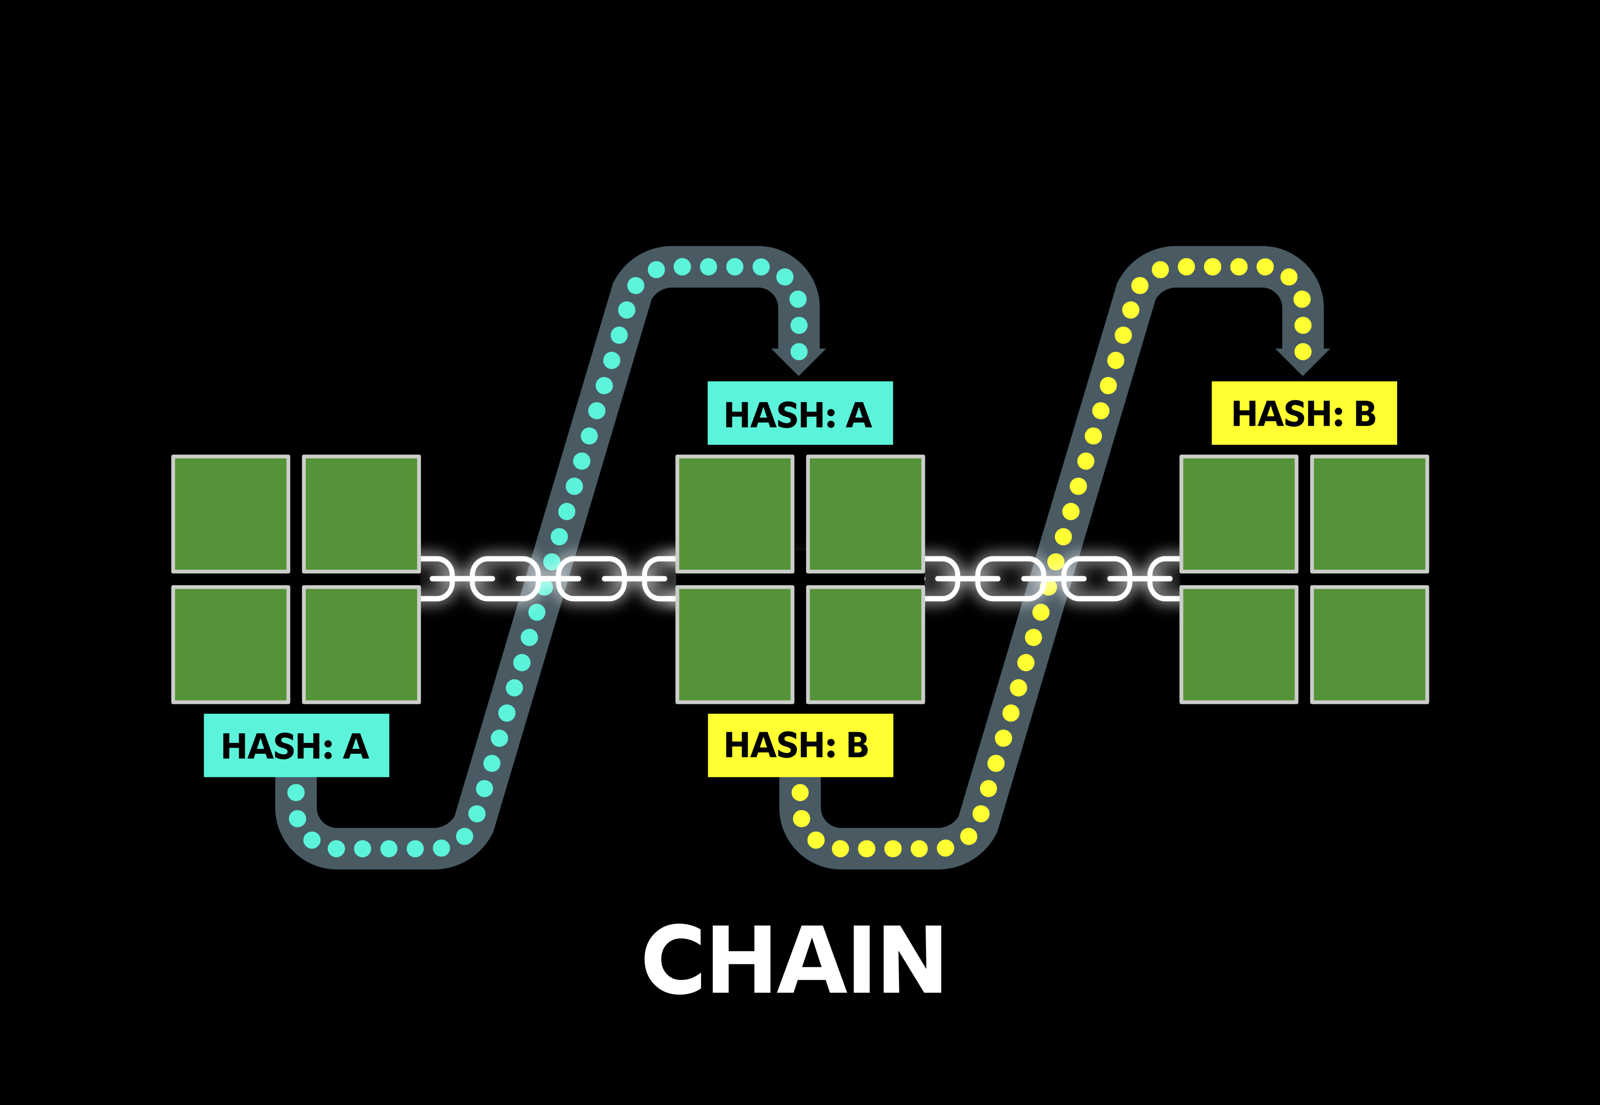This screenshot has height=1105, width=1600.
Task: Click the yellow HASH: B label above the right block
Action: (1303, 413)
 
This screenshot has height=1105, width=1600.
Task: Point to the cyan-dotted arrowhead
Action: (799, 360)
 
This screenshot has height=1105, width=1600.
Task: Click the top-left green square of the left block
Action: (231, 514)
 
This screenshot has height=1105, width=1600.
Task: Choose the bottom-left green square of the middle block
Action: (735, 645)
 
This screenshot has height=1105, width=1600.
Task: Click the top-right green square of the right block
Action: (1369, 514)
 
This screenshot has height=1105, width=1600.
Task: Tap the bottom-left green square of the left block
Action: (231, 645)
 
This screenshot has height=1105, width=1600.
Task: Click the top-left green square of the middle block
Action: (735, 514)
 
